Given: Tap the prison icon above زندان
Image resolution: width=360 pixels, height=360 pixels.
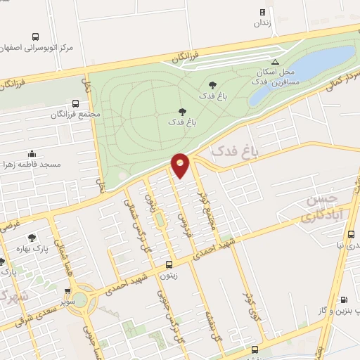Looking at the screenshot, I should click(262, 12).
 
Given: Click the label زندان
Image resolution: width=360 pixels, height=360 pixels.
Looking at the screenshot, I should click(262, 22).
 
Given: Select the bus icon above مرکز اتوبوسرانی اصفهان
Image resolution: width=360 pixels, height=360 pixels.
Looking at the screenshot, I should click(35, 37).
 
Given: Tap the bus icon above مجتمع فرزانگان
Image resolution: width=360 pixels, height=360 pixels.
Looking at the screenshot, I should click(76, 103).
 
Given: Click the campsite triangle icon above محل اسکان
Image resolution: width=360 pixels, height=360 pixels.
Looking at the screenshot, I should click(285, 62).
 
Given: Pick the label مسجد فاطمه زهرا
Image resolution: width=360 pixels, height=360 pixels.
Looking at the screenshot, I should click(33, 165).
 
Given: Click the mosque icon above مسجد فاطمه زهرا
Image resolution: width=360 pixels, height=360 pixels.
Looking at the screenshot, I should click(31, 153).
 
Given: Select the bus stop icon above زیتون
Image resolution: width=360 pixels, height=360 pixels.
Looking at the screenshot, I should click(169, 265).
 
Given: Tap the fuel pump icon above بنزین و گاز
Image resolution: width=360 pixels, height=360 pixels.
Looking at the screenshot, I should click(343, 300).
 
